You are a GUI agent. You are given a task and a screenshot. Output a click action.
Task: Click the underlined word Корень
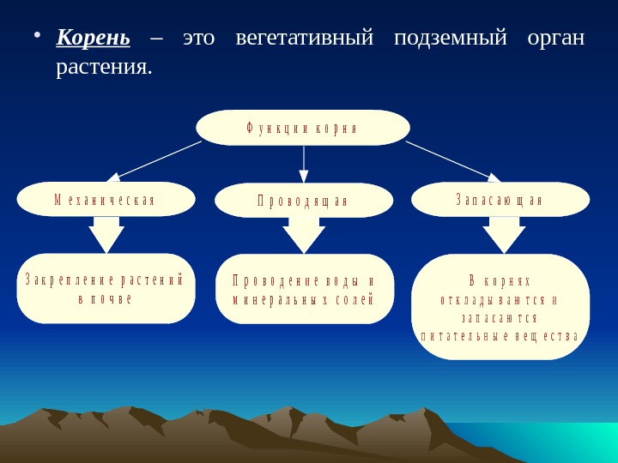[x=93, y=39]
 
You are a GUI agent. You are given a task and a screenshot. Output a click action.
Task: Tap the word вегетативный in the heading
[x=305, y=39]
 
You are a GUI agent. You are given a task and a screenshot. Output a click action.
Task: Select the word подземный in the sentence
[x=450, y=39]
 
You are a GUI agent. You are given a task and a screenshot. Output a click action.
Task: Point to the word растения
[x=103, y=66]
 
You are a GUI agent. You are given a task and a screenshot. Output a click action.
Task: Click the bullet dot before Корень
[x=36, y=37]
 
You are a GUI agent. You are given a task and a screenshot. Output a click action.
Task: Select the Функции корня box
[x=303, y=128]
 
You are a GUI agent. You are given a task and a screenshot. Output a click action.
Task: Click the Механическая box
[x=106, y=199]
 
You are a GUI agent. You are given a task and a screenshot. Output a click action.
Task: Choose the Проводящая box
[x=303, y=200]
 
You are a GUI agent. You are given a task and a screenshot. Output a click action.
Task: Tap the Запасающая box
[x=500, y=199]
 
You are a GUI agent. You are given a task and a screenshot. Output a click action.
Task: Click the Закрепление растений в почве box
[x=106, y=288]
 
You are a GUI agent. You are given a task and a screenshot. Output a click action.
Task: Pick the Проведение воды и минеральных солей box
[x=304, y=289]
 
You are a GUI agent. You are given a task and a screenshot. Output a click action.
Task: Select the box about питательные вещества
[x=500, y=306]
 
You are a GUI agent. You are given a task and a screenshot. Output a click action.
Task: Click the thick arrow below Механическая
[x=106, y=234]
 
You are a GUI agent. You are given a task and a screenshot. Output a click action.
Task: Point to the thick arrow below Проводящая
[x=304, y=234]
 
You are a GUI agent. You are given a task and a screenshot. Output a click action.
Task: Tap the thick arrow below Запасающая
[x=504, y=234]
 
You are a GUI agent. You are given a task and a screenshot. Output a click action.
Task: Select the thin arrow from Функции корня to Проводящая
[x=304, y=163]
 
